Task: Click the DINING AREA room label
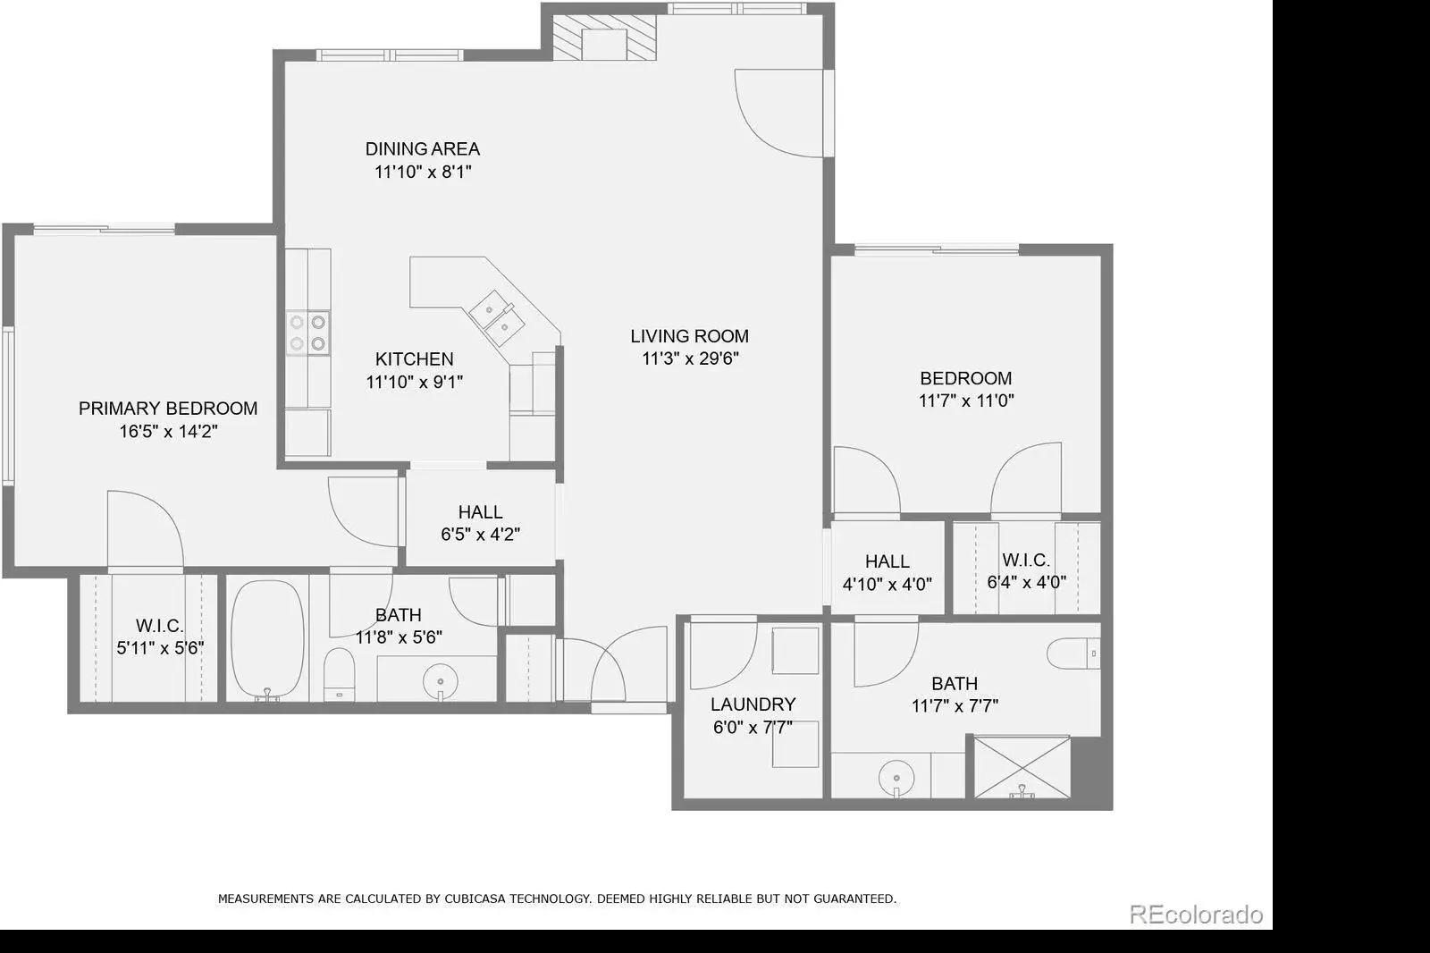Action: [x=423, y=148]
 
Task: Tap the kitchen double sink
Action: [x=497, y=318]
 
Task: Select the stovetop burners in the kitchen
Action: [x=307, y=333]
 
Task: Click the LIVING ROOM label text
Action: [x=689, y=336]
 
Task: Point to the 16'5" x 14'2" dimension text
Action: [x=169, y=431]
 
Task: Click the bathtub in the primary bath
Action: [x=267, y=639]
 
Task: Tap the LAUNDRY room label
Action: [x=753, y=704]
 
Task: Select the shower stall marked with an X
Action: [x=1022, y=767]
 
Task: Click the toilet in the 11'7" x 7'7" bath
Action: [x=1073, y=653]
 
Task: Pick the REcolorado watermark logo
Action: [x=1197, y=914]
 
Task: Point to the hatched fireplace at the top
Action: [x=604, y=38]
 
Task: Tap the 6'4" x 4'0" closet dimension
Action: [x=1027, y=583]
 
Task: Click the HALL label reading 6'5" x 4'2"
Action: [x=480, y=512]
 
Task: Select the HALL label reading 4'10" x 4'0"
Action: [x=887, y=561]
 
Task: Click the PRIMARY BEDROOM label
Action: [x=168, y=409]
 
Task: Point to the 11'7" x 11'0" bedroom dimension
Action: [x=966, y=401]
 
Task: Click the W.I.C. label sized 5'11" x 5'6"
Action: [x=160, y=625]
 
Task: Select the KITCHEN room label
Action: [x=415, y=359]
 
